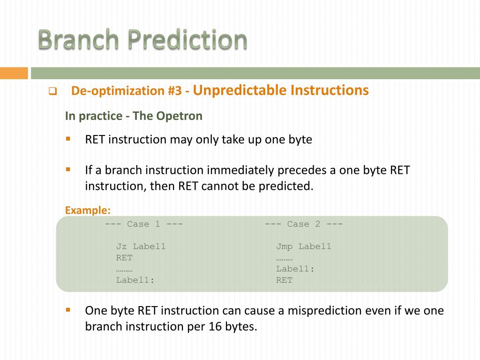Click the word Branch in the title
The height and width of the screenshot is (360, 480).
click(78, 39)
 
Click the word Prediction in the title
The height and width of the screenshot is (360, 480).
click(187, 39)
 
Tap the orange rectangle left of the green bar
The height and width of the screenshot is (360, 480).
click(14, 73)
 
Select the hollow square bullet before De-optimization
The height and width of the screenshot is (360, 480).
click(52, 91)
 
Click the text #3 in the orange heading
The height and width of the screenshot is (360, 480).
click(175, 90)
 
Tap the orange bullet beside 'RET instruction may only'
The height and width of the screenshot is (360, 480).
click(68, 139)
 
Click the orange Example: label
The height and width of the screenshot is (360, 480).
click(88, 210)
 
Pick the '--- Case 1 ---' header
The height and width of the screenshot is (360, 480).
click(143, 224)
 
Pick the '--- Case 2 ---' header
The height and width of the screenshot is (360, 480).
click(304, 224)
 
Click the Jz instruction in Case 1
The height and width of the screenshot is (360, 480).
click(121, 247)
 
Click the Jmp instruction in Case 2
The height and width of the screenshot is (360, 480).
click(285, 247)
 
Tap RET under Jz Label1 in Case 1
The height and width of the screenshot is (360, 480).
click(124, 258)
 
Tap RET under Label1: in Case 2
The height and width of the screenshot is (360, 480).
click(285, 280)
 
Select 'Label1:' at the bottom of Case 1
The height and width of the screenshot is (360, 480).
click(135, 280)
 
